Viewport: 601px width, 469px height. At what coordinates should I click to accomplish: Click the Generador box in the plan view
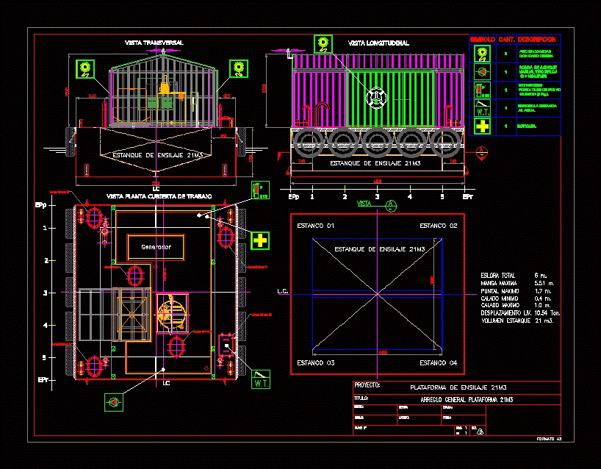tap(151, 247)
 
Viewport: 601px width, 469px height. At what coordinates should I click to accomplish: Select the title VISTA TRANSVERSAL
tap(154, 43)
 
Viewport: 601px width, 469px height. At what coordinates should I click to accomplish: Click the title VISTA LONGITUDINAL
tap(378, 43)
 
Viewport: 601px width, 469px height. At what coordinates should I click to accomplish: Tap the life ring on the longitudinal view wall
tap(376, 96)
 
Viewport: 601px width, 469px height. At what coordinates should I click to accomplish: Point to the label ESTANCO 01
tap(314, 225)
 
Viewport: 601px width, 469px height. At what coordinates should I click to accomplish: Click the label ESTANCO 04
tap(439, 363)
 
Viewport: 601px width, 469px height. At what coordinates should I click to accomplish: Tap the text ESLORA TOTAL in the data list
tap(498, 275)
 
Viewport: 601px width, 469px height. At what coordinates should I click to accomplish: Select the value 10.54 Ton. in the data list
tap(546, 313)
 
